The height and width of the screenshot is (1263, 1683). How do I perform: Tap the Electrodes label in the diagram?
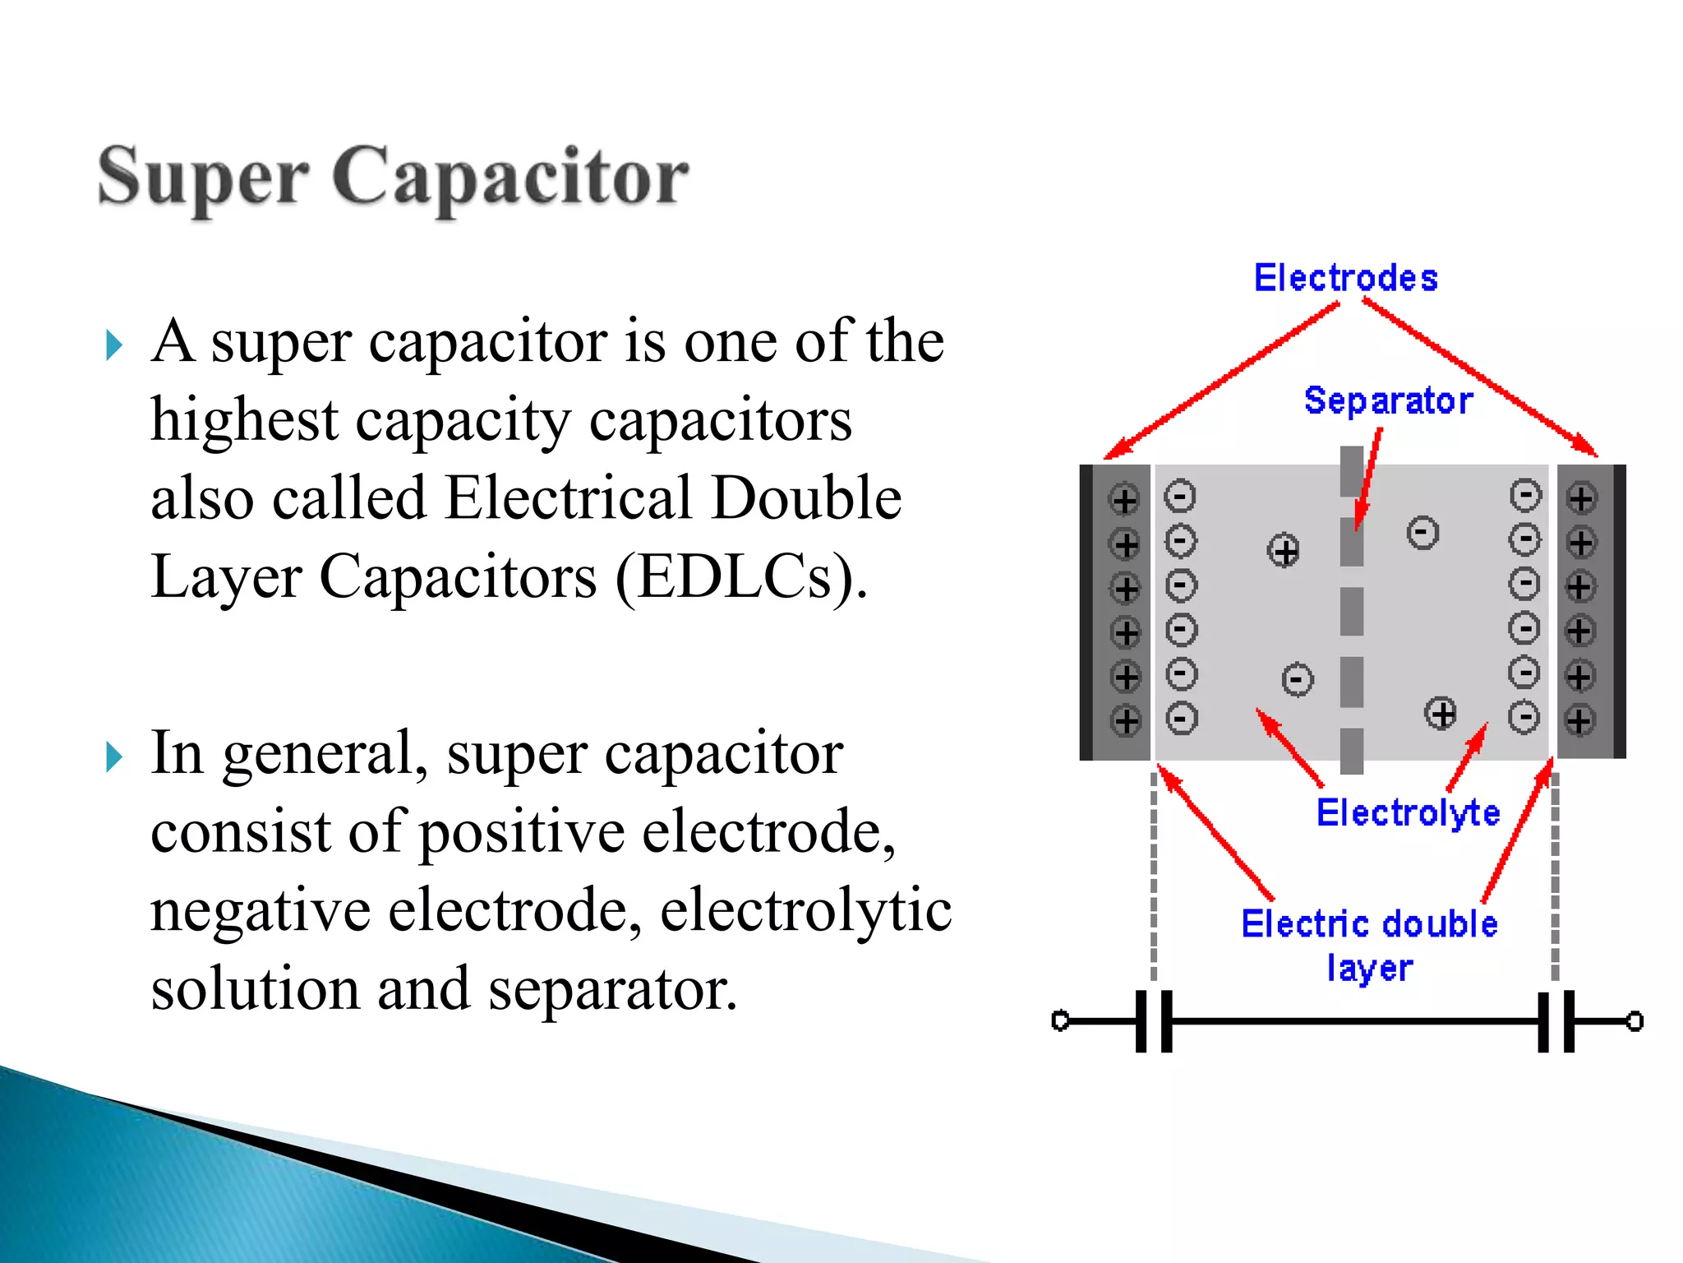(x=1345, y=278)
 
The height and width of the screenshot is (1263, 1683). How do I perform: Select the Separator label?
(x=1388, y=400)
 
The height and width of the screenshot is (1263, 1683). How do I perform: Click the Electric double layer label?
(x=1369, y=944)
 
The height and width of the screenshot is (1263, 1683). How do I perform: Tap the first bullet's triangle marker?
(x=113, y=346)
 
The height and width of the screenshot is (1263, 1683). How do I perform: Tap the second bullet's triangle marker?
(x=113, y=756)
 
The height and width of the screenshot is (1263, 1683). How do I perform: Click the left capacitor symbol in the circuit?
(x=1154, y=1021)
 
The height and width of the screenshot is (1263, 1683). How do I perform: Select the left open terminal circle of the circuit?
(x=1060, y=1021)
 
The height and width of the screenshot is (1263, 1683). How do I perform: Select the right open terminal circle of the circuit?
(x=1635, y=1021)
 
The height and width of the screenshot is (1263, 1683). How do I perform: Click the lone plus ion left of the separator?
(x=1284, y=550)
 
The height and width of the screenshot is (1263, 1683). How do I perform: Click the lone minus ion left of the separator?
(x=1298, y=680)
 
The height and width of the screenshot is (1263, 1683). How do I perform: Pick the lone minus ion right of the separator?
(x=1422, y=533)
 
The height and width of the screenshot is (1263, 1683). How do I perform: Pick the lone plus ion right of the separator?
(x=1441, y=713)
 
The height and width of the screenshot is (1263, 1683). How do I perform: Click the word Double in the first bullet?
(x=806, y=498)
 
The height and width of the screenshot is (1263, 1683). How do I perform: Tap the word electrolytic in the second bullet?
(x=805, y=910)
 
